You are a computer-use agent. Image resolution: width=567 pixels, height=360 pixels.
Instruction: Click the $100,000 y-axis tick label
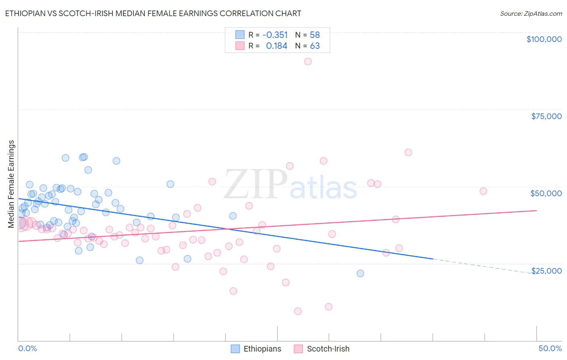(x=544, y=39)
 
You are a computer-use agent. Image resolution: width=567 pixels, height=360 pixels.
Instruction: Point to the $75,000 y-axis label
(x=546, y=116)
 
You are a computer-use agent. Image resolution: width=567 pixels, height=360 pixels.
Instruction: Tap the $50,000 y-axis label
(x=546, y=193)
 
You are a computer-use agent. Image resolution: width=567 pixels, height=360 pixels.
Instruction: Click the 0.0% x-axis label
(x=27, y=348)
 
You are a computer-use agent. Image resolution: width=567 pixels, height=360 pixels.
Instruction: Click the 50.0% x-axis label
(x=550, y=348)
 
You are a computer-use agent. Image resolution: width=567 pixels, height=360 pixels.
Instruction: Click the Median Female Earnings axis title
(x=11, y=184)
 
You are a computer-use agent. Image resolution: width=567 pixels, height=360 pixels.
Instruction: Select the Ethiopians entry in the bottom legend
(x=262, y=349)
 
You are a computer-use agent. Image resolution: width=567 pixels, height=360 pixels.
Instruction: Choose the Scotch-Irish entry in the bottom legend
(x=328, y=349)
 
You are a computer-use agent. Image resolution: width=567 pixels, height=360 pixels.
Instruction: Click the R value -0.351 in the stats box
(x=275, y=35)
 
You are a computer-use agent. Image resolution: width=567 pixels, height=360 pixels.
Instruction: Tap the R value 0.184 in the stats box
(x=276, y=46)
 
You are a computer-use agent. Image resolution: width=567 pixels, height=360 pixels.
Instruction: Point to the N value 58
(x=315, y=35)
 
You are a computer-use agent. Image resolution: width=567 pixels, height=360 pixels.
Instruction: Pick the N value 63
(x=315, y=46)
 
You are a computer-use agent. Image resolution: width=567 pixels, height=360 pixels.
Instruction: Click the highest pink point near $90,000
(x=308, y=61)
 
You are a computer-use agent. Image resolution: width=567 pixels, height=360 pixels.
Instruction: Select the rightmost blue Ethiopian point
(x=360, y=273)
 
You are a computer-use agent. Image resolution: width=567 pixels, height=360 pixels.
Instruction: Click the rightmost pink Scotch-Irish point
(x=483, y=191)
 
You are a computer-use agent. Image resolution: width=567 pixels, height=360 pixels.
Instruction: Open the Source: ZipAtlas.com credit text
(x=531, y=14)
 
